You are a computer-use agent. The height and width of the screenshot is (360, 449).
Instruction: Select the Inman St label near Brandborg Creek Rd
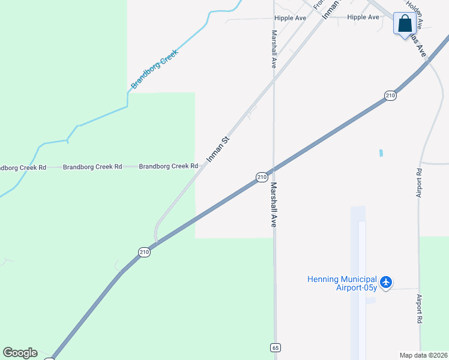tap(218, 149)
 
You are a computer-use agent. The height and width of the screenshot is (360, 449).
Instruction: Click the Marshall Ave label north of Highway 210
tap(274, 49)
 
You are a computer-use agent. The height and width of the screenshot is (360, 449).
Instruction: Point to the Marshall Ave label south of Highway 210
tap(273, 205)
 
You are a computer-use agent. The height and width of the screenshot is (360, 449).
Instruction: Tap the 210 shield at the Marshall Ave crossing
tap(262, 177)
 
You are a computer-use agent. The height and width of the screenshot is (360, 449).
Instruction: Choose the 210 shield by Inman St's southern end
tap(144, 253)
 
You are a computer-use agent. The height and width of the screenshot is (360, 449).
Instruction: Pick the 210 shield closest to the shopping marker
tap(390, 95)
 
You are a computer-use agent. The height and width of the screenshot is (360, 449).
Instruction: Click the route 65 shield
tap(276, 348)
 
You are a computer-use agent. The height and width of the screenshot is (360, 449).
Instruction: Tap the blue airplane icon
tap(385, 281)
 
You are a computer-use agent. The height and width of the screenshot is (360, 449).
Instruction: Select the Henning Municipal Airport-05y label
tap(342, 283)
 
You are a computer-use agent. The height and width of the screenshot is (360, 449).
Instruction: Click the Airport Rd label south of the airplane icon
tap(420, 310)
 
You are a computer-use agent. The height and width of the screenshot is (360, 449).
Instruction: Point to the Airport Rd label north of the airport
tap(419, 183)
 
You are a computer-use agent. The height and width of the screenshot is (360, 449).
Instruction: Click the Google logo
tap(20, 353)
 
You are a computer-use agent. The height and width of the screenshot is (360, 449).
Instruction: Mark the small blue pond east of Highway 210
tap(381, 153)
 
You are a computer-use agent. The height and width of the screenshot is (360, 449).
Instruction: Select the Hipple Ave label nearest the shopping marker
tap(363, 17)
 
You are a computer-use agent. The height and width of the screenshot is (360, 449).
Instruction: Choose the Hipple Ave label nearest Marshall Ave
tap(291, 18)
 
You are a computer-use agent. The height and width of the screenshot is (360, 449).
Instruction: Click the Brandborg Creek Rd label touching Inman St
tap(169, 166)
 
